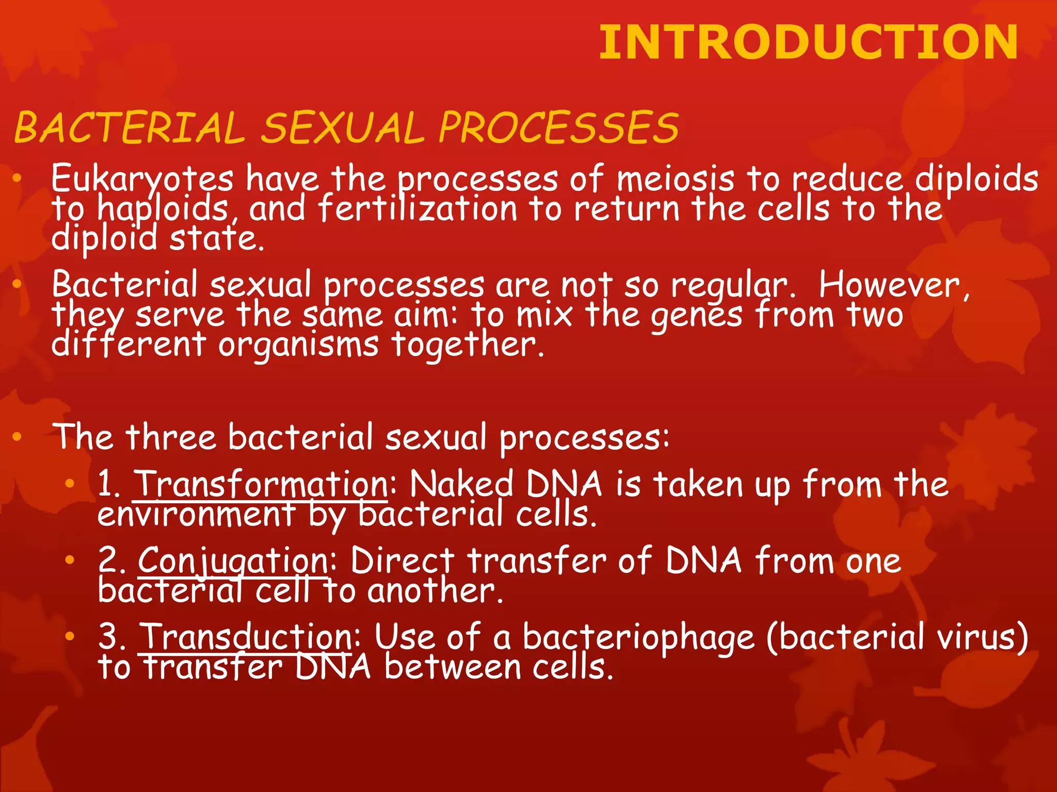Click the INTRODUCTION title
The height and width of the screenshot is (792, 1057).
(808, 42)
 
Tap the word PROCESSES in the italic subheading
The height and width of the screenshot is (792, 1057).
(558, 128)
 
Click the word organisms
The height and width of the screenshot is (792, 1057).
(298, 344)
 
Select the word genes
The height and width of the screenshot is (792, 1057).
(697, 315)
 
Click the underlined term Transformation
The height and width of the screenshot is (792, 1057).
(261, 484)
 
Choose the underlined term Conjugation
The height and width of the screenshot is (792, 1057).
(233, 560)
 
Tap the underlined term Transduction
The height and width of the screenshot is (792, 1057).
(247, 637)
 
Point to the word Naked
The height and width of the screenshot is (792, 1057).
(461, 484)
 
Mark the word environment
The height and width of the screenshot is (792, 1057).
(196, 514)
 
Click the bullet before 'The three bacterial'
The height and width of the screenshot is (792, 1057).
(17, 437)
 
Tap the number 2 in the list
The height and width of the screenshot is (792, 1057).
(109, 560)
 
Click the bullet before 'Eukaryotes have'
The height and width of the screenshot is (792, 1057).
(17, 178)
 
